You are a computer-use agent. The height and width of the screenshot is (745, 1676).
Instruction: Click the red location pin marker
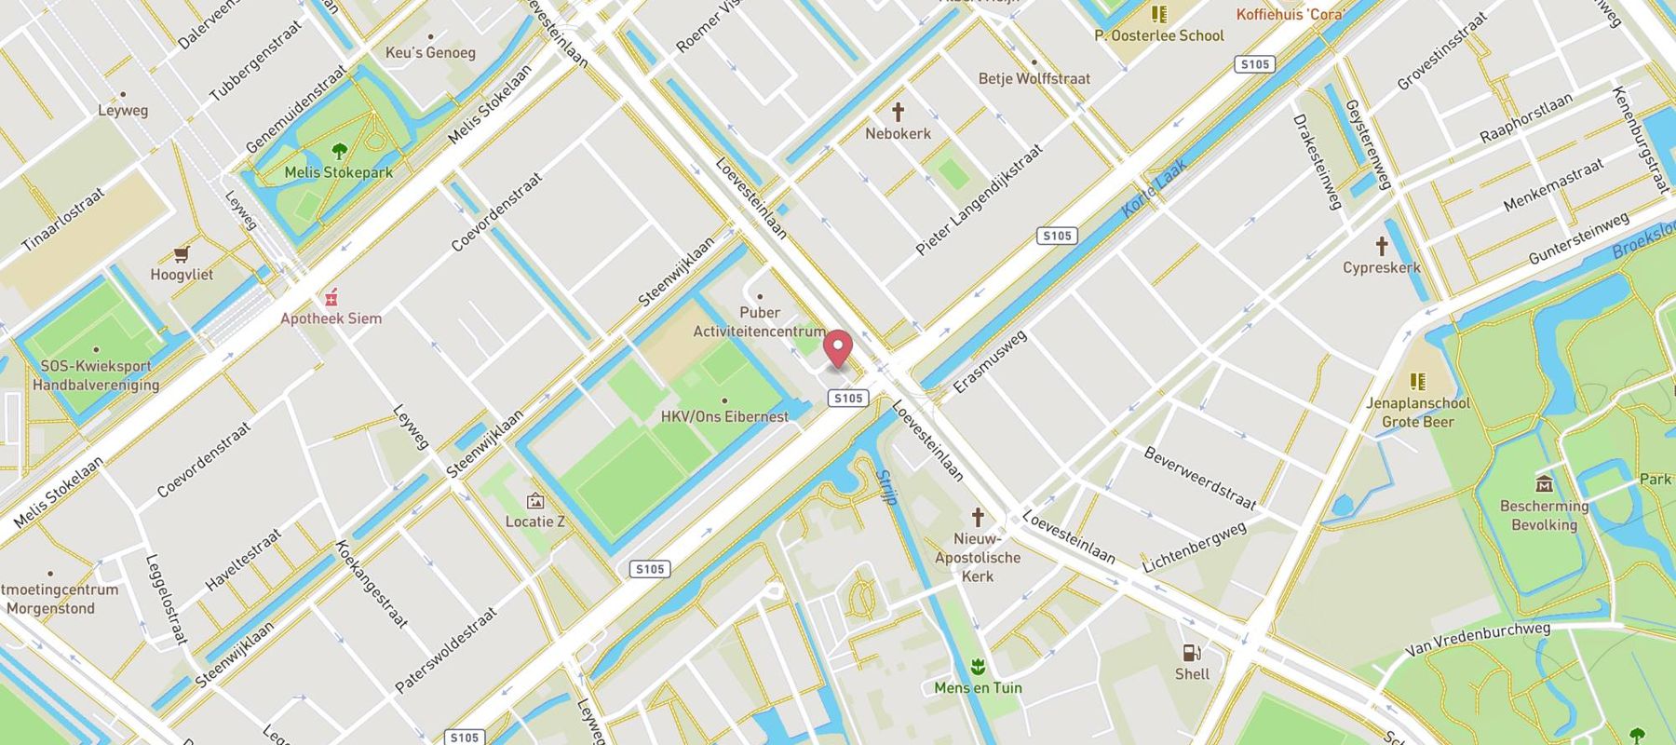point(839,349)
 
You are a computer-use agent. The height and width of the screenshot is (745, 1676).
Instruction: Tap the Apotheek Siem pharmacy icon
point(331,298)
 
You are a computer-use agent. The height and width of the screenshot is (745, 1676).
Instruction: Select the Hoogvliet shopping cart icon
point(182,254)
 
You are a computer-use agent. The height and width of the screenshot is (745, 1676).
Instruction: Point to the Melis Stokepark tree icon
point(339,151)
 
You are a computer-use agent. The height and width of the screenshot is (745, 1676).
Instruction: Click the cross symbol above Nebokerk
point(898,113)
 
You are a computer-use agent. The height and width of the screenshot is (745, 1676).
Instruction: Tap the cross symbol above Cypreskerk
point(1382,247)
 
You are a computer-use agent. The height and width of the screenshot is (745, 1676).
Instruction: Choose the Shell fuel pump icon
point(1191,653)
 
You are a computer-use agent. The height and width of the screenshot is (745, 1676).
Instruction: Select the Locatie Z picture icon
point(534,501)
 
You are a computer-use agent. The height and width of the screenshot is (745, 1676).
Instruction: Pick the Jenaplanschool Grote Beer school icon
point(1417,382)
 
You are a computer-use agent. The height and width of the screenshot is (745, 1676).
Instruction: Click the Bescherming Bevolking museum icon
point(1544,484)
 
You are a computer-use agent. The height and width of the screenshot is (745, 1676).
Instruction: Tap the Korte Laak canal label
point(1154,189)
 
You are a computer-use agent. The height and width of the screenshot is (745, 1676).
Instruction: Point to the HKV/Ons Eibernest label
point(724,416)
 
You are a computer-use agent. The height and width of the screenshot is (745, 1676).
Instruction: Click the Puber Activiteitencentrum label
point(759,321)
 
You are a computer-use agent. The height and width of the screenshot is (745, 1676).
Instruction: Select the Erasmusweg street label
point(991,361)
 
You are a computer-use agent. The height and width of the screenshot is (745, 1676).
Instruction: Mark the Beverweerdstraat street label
point(1199,479)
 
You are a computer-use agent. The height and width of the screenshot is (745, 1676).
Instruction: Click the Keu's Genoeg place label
point(430,53)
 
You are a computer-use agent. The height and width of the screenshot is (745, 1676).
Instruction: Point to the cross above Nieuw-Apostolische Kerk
point(978,518)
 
